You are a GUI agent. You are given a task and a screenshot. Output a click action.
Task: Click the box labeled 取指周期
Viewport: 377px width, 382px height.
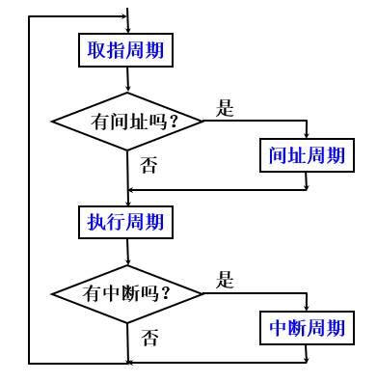125,50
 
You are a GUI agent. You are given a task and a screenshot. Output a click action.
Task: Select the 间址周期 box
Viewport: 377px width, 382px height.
307,155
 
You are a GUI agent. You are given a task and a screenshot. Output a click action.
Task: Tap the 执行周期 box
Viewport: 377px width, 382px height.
125,222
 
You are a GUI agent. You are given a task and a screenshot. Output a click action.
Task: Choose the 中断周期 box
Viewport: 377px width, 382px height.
307,328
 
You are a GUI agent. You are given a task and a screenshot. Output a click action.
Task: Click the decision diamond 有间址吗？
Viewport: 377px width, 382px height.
127,122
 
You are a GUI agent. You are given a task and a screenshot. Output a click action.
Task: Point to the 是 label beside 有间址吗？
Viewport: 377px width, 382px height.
225,108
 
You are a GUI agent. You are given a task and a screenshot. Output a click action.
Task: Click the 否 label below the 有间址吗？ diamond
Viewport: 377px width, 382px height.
149,165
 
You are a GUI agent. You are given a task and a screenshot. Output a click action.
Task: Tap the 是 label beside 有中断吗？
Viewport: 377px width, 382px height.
225,281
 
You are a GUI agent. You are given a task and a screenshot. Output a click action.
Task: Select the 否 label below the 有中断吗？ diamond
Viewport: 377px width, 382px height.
149,338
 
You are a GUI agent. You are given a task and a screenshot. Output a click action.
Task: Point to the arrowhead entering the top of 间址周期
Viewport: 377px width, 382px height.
307,135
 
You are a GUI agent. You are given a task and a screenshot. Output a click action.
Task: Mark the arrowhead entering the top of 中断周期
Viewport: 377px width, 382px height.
307,308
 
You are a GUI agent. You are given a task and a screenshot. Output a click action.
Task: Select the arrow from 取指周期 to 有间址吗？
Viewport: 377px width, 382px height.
127,81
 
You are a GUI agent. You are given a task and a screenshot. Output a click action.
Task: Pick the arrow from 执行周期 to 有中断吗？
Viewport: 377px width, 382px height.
127,252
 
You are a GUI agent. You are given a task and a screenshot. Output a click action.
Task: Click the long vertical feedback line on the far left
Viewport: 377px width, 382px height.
29,193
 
